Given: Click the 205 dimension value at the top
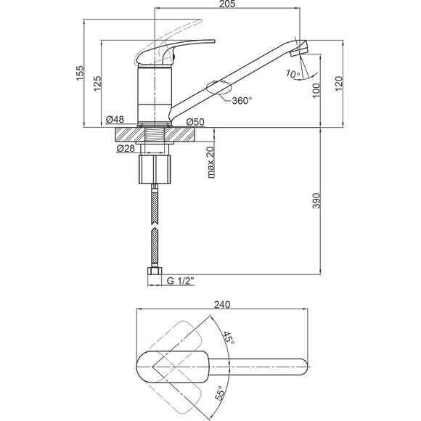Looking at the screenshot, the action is pos(226,4).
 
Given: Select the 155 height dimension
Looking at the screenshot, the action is pos(80,73).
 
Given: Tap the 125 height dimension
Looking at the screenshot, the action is pos(98,83).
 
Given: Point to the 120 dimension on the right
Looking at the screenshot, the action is pos(339,83).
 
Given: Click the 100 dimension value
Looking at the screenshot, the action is pos(316,90).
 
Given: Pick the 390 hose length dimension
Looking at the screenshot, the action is pos(316,200).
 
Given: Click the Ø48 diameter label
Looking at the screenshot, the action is pos(115,119).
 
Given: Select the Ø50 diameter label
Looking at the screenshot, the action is pos(195,122).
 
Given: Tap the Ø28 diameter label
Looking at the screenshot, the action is pos(126,148).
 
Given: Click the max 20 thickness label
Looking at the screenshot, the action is pos(210,163).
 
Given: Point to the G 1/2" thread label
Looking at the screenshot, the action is pos(180,281).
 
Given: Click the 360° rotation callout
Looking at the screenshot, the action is pos(242,101).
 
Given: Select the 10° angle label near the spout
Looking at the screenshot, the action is pos(293,74).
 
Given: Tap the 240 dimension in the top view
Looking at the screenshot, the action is pos(222,304).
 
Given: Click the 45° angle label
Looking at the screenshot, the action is pos(229,339).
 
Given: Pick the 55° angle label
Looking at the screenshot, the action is pos(220,394).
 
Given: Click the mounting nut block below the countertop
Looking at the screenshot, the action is pos(155,169).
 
